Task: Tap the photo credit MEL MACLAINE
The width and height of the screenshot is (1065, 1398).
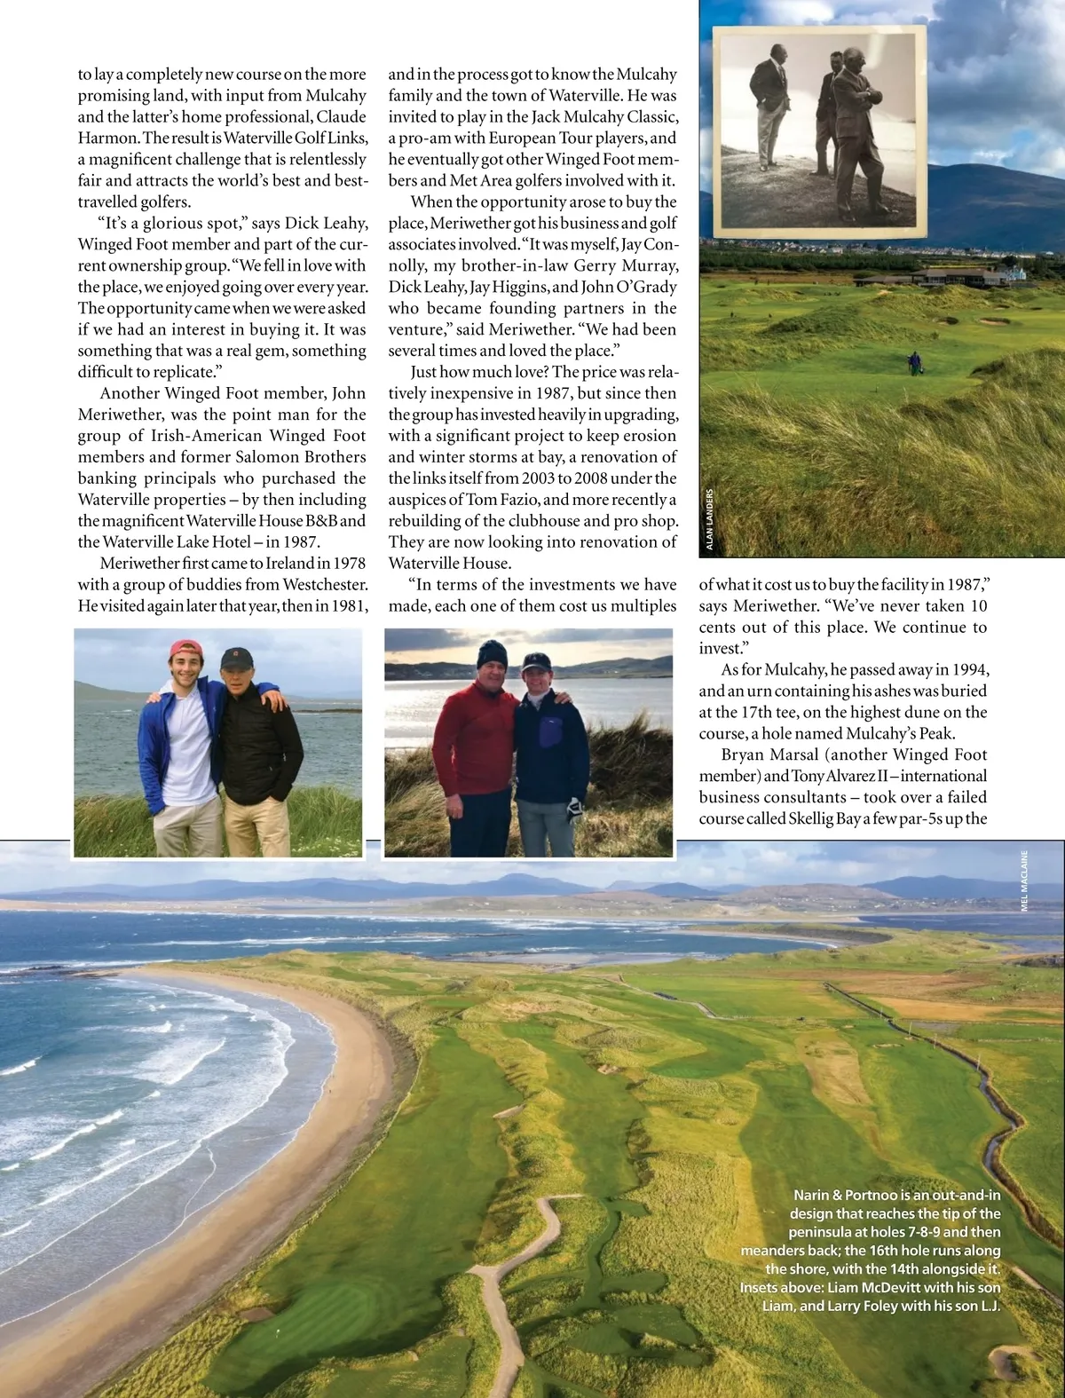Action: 1024,880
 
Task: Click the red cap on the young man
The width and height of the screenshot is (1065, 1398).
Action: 185,648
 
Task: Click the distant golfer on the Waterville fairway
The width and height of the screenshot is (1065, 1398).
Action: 914,363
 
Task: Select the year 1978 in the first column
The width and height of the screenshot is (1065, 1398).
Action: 348,563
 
